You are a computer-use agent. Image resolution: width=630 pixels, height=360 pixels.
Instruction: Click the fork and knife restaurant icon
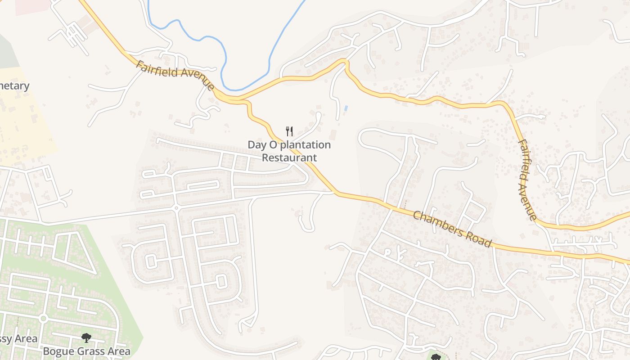(289, 131)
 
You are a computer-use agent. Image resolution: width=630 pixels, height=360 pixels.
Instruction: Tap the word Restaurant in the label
(289, 157)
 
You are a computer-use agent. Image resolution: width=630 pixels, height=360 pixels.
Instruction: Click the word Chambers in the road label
(437, 224)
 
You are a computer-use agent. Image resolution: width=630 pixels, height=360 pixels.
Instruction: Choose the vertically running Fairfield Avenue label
(526, 180)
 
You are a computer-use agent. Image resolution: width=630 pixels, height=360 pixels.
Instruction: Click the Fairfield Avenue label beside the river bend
(175, 75)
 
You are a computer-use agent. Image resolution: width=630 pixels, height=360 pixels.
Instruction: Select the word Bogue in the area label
(57, 351)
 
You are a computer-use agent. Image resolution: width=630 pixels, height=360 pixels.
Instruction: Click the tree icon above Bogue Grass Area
(86, 337)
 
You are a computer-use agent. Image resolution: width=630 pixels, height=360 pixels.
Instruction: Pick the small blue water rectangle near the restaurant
(346, 108)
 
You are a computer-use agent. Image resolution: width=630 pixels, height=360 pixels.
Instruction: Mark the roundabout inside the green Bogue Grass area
(43, 319)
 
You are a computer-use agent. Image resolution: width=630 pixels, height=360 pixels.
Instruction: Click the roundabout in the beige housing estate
(176, 208)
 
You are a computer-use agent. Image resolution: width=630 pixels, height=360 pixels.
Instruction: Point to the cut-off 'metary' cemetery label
(15, 86)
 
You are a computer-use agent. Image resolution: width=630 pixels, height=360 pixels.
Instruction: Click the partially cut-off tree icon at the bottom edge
(435, 357)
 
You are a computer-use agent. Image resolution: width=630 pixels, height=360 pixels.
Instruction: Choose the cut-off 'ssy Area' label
(18, 339)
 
